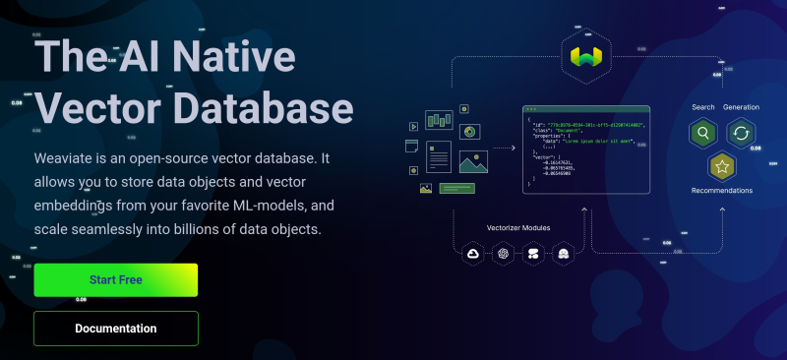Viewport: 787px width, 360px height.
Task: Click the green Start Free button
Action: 116,280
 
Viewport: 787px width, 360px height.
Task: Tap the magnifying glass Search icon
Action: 703,133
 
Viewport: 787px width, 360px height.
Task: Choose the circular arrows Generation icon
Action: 740,133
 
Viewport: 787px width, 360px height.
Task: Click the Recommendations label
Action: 722,191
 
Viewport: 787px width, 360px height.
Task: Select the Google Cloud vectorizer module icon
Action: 472,254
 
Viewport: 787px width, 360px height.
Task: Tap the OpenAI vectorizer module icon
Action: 503,254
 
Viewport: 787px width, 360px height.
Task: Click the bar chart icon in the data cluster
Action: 437,121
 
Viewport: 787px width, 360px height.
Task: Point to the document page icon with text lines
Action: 439,156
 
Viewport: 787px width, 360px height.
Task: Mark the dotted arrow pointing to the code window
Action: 505,149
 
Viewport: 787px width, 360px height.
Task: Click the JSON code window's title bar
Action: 585,108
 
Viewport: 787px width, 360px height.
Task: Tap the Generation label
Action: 741,106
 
